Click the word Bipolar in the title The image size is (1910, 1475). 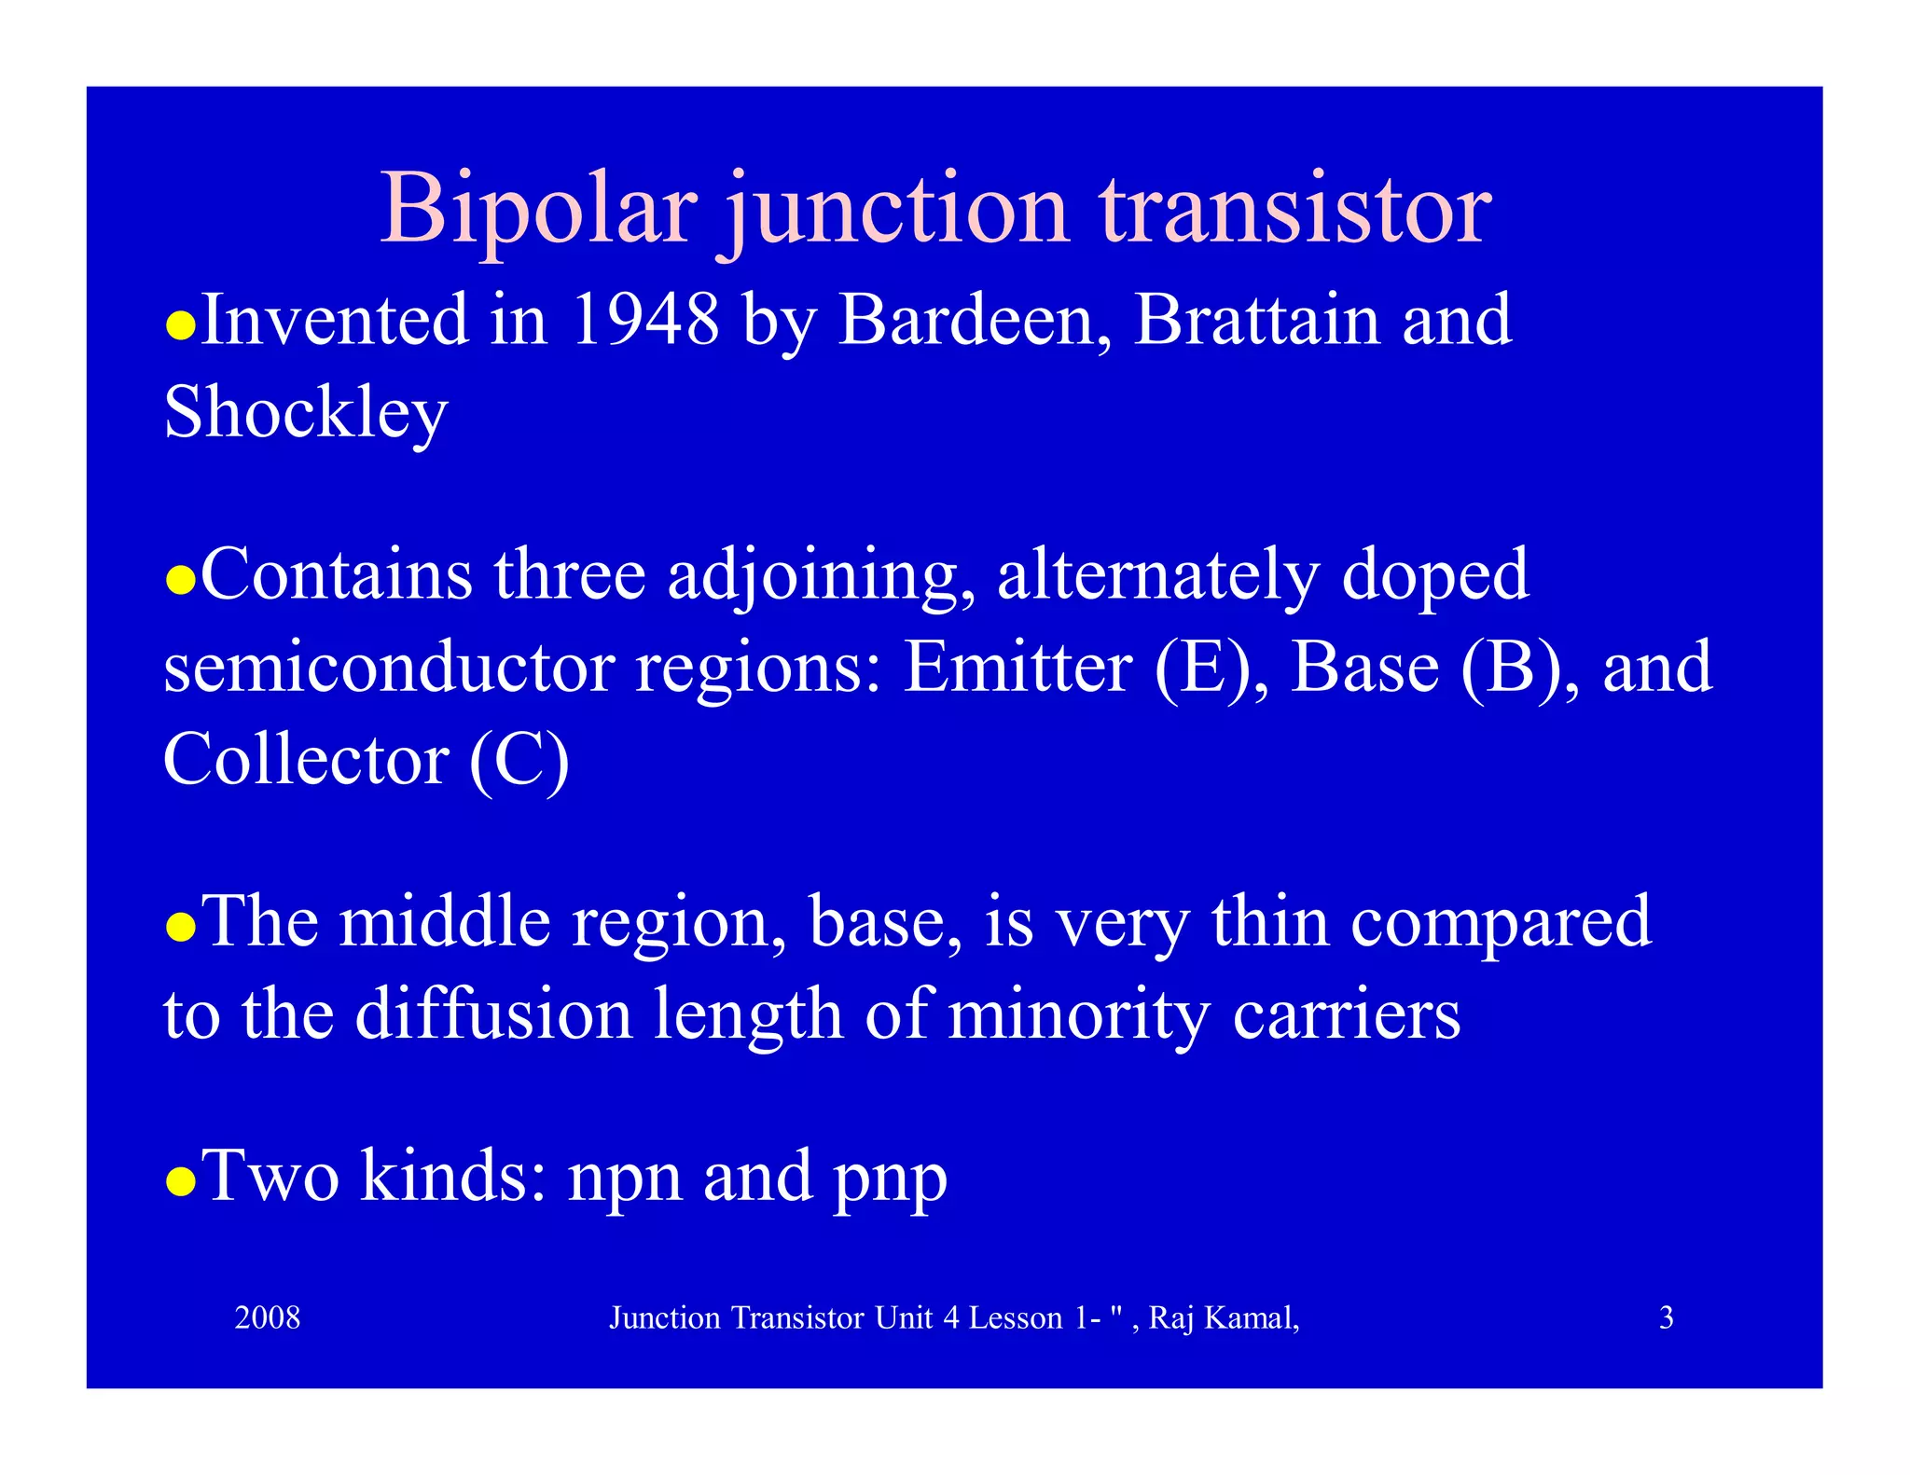(x=538, y=209)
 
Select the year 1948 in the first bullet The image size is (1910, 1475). (x=645, y=320)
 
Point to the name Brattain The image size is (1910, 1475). (x=1256, y=320)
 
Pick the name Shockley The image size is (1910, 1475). (x=305, y=413)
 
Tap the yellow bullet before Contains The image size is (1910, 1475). (x=180, y=580)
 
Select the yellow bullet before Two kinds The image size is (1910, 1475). (x=180, y=1181)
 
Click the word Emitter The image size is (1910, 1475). (x=1017, y=668)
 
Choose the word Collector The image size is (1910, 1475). (x=305, y=760)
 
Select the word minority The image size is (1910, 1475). (x=1078, y=1014)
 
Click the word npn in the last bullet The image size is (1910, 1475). (x=624, y=1178)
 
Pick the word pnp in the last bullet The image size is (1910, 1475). (x=890, y=1178)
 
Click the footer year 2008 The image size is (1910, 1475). (x=268, y=1317)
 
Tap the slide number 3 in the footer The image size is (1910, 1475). (x=1666, y=1317)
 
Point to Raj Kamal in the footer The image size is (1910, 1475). (x=1223, y=1317)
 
